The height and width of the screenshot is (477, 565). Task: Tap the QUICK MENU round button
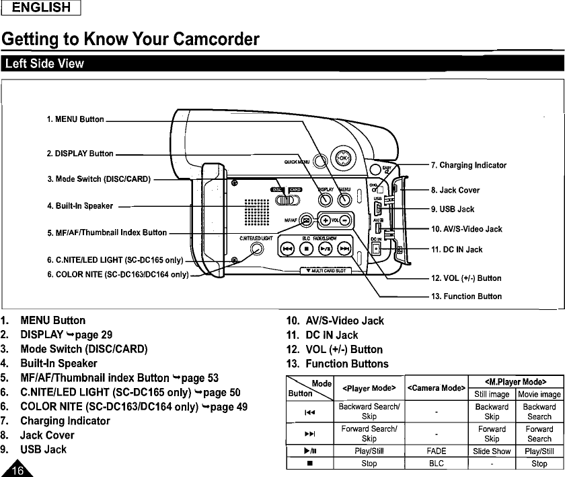pyautogui.click(x=320, y=160)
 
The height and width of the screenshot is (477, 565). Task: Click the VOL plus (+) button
pyautogui.click(x=326, y=220)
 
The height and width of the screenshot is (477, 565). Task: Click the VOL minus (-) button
pyautogui.click(x=344, y=220)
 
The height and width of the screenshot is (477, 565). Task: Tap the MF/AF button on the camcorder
pyautogui.click(x=306, y=220)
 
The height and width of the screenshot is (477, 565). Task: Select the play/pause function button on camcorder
pyautogui.click(x=324, y=249)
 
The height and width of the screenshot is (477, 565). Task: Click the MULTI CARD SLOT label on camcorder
pyautogui.click(x=327, y=271)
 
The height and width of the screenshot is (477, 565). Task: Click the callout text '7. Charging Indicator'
pyautogui.click(x=468, y=165)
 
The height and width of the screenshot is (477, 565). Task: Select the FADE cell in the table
pyautogui.click(x=437, y=451)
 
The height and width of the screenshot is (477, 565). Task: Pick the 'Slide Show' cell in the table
pyautogui.click(x=492, y=451)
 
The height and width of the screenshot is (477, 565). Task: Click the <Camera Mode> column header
pyautogui.click(x=437, y=388)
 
